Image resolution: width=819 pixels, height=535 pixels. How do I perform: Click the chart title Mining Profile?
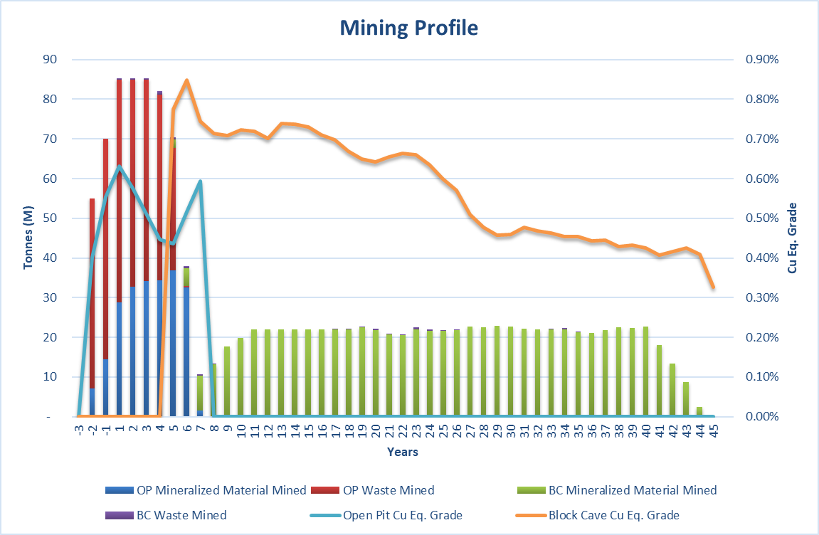coord(408,28)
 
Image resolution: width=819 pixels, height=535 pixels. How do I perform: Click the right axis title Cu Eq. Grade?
coord(792,238)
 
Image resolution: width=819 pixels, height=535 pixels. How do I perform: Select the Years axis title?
coord(403,452)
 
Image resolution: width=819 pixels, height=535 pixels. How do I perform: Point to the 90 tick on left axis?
coord(50,59)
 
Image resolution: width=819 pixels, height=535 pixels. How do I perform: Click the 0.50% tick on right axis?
coord(761,218)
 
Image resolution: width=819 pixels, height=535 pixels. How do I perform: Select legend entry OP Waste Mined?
coord(389,490)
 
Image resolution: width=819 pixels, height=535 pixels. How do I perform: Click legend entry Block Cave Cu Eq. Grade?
coord(613,515)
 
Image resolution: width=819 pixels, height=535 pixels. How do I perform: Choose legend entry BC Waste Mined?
coord(181,515)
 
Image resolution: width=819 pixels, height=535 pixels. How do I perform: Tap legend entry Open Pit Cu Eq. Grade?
coord(402,515)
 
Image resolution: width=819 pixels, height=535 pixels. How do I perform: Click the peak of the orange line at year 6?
coord(186,80)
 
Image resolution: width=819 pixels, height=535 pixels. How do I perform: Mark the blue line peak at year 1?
coord(119,166)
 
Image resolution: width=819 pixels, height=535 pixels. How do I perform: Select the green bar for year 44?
coord(699,411)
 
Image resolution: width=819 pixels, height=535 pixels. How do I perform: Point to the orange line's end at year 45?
coord(713,287)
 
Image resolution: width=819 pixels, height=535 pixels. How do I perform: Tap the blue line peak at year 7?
coord(200,181)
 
